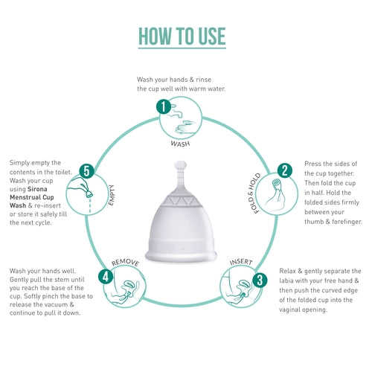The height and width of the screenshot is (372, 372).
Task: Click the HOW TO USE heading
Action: pyautogui.click(x=182, y=36)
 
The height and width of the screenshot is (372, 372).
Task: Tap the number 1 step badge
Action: pyautogui.click(x=164, y=106)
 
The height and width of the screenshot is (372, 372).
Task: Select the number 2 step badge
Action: pyautogui.click(x=285, y=170)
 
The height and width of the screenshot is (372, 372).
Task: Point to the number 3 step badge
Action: pyautogui.click(x=260, y=280)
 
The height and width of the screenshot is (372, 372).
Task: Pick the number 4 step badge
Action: pyautogui.click(x=106, y=277)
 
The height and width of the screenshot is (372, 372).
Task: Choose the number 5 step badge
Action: pyautogui.click(x=87, y=171)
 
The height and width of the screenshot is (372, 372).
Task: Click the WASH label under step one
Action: pyautogui.click(x=180, y=144)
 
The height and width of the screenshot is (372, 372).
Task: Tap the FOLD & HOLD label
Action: pyautogui.click(x=254, y=193)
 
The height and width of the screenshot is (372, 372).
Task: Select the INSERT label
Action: pyautogui.click(x=241, y=262)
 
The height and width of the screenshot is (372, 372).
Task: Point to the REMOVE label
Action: pyautogui.click(x=125, y=263)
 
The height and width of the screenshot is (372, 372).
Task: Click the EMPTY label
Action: pyautogui.click(x=111, y=195)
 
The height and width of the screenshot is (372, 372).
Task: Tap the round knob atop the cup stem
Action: pyautogui.click(x=180, y=165)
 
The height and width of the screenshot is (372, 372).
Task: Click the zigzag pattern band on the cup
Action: pyautogui.click(x=182, y=201)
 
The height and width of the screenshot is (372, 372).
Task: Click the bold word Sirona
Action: pyautogui.click(x=37, y=189)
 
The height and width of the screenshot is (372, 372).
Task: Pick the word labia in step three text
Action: pyautogui.click(x=286, y=280)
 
